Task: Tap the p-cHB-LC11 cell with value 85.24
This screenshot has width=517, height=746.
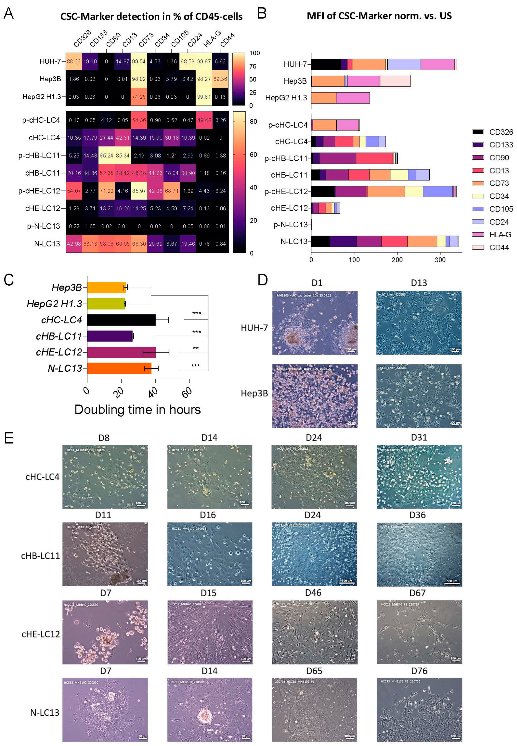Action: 106,156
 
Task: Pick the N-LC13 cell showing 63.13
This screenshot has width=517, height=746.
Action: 90,244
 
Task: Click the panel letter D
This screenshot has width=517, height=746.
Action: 262,280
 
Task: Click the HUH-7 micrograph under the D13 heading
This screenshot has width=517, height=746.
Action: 419,322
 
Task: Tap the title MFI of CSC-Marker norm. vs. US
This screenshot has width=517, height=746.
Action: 379,16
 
